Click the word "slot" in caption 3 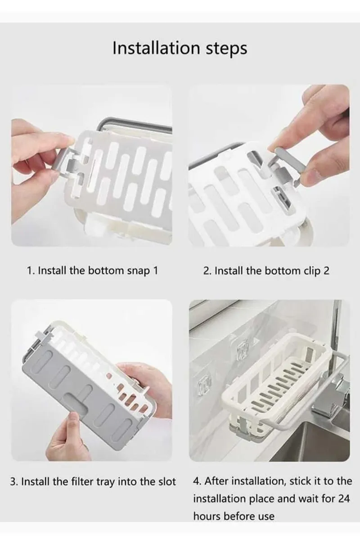pyautogui.click(x=166, y=481)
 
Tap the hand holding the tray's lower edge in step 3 pyautogui.click(x=72, y=439)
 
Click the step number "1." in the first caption pyautogui.click(x=31, y=271)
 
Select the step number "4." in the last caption pyautogui.click(x=197, y=481)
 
